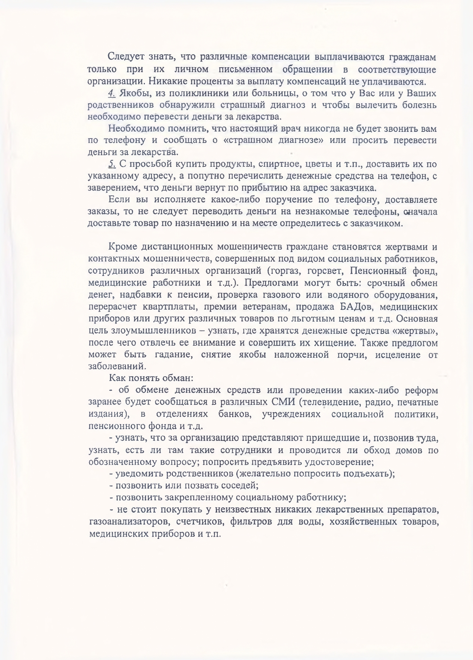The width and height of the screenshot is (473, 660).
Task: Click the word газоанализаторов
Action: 127,521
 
